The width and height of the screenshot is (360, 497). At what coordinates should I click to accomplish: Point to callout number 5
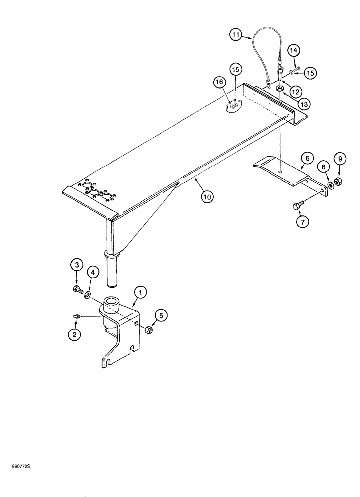pos(161,314)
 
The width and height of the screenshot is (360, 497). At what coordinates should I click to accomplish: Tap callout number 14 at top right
pos(293,50)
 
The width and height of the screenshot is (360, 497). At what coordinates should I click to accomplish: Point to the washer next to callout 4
pos(88,297)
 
